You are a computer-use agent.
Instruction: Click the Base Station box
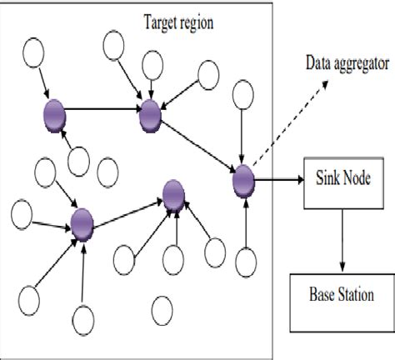(340, 293)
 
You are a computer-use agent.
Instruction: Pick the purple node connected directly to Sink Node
(242, 178)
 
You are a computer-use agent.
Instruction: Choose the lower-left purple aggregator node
(82, 222)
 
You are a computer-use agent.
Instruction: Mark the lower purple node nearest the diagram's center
(173, 195)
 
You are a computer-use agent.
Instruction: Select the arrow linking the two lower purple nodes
(127, 209)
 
